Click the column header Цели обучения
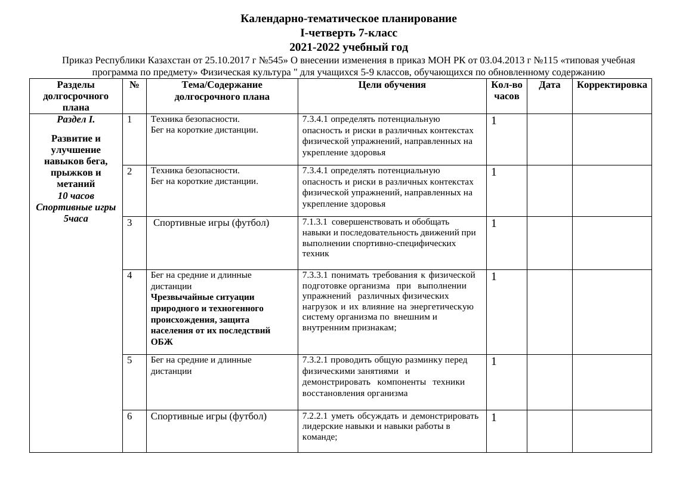click(392, 85)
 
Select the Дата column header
click(549, 85)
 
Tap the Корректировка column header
click(611, 85)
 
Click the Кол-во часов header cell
click(506, 90)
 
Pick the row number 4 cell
click(130, 275)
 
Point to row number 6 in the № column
click(130, 416)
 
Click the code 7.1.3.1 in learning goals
click(315, 222)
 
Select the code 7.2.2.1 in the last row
click(315, 416)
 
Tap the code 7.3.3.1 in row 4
click(315, 275)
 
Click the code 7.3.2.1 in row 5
click(315, 360)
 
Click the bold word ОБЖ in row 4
click(162, 342)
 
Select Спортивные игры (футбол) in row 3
click(211, 223)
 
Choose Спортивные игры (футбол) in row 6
click(209, 416)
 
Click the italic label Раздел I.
click(76, 119)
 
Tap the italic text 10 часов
click(76, 196)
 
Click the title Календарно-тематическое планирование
click(348, 19)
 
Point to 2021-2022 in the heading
click(315, 47)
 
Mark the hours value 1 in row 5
click(494, 361)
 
